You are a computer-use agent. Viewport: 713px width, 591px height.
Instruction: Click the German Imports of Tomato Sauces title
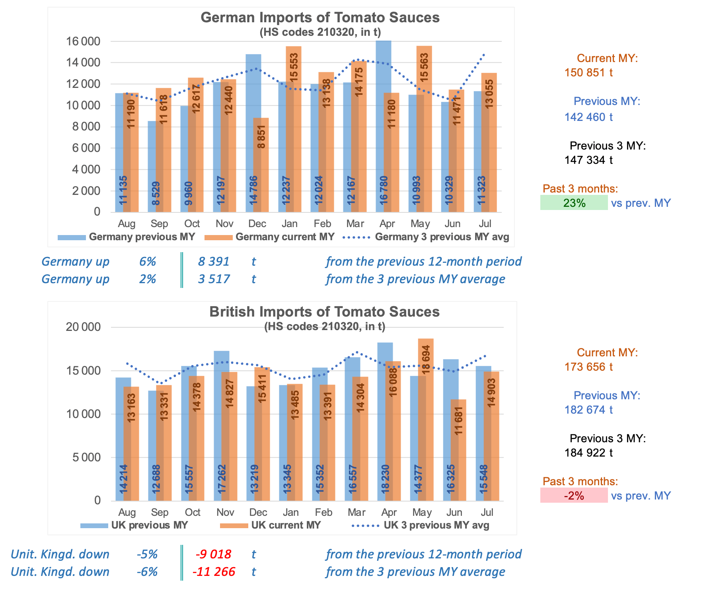(x=320, y=17)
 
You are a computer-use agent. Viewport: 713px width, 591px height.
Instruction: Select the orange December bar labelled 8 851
(x=261, y=165)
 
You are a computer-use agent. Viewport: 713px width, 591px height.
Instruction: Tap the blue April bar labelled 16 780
(x=384, y=126)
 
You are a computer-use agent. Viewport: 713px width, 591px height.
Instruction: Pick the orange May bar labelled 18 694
(x=426, y=420)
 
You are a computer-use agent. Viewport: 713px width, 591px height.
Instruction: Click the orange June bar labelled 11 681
(x=458, y=450)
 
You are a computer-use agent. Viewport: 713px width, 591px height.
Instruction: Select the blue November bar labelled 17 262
(x=222, y=426)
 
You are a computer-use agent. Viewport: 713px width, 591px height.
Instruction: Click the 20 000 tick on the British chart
(x=83, y=327)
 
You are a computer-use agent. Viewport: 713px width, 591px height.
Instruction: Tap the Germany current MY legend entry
(x=269, y=237)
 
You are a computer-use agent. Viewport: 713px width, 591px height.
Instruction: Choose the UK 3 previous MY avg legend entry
(x=421, y=525)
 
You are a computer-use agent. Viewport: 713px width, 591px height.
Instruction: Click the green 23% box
(x=574, y=203)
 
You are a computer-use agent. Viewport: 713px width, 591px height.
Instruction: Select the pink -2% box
(x=574, y=496)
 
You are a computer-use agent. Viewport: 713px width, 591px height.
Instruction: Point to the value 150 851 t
(x=588, y=73)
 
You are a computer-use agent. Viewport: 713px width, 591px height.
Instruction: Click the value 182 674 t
(x=588, y=410)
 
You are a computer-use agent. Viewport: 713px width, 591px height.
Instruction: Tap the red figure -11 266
(x=214, y=572)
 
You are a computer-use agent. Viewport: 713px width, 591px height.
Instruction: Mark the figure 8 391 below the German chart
(x=214, y=262)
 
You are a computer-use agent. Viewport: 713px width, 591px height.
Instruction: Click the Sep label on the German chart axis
(x=159, y=224)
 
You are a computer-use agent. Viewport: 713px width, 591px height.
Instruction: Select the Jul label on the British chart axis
(x=487, y=512)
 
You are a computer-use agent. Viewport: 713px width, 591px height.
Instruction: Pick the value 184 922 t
(x=588, y=453)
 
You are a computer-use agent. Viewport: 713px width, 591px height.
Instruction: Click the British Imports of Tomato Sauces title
(x=325, y=312)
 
